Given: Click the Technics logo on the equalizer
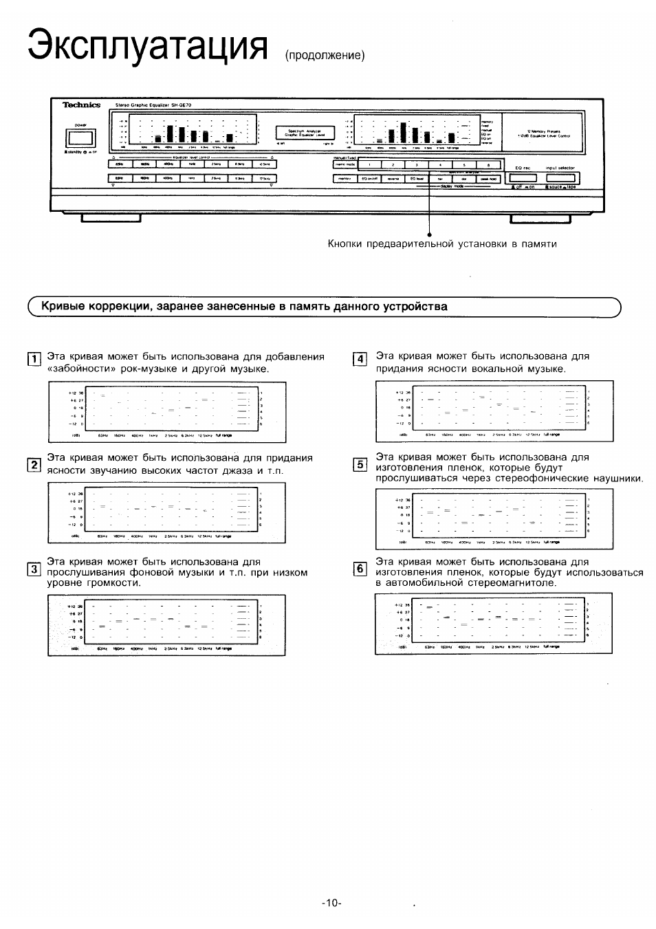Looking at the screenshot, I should point(82,105).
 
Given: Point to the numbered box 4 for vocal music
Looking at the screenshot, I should point(360,358).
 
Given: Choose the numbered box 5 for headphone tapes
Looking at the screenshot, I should point(360,464).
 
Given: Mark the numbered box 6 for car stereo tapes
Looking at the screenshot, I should point(360,569).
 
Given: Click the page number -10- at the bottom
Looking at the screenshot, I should point(331,903).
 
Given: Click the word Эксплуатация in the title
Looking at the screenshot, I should point(146,45).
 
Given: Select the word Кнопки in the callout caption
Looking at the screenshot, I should point(344,243).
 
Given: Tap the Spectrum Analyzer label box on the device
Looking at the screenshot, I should point(305,133).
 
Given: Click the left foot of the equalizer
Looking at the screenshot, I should point(110,219).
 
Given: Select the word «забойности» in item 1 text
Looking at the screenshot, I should point(81,369).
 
